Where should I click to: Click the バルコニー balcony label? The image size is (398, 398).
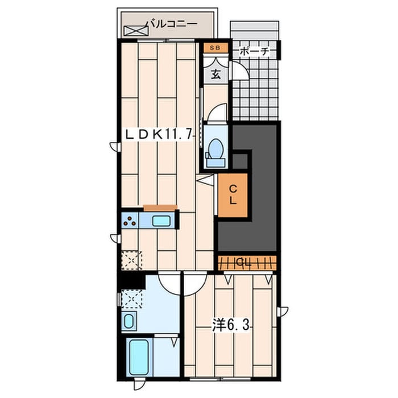[172, 24]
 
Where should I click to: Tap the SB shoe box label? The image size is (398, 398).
[215, 48]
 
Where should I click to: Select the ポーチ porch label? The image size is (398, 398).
[254, 52]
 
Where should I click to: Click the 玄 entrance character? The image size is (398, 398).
[216, 74]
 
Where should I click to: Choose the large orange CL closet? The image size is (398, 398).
[233, 195]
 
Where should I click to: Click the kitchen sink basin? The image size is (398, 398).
[161, 221]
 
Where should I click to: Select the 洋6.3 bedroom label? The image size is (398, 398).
[231, 325]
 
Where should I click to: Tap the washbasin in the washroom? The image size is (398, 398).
[128, 321]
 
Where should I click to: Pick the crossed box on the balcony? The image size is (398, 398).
[135, 31]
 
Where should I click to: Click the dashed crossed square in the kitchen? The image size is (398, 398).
[131, 260]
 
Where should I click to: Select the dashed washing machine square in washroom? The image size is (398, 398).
[131, 298]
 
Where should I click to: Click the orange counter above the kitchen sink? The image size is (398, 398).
[160, 208]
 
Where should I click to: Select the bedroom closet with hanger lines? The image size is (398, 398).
[247, 263]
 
